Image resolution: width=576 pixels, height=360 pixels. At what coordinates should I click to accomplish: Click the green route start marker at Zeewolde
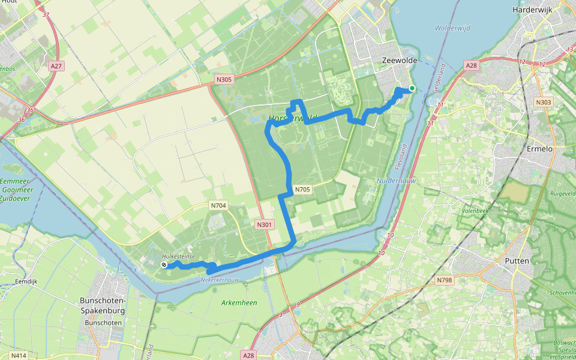point(412,89)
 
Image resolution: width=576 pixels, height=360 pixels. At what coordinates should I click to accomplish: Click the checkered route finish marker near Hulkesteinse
point(164,265)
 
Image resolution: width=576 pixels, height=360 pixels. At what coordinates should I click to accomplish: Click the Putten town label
point(517,261)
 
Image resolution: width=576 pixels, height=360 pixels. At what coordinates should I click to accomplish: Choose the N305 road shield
point(224,79)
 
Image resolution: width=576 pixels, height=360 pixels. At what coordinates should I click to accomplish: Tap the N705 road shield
point(302,190)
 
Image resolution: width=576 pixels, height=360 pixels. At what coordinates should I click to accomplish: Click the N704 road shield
point(218,205)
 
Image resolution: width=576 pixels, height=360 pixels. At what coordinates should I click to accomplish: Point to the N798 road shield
point(445,280)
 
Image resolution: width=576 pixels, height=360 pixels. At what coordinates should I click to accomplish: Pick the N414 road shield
point(19,356)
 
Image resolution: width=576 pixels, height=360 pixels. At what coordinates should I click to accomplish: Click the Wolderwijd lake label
point(452,28)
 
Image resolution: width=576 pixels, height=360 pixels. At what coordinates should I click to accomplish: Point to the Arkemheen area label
point(238,303)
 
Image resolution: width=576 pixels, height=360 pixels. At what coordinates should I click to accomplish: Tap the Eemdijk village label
point(26,281)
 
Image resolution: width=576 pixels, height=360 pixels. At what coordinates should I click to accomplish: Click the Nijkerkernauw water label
point(220,280)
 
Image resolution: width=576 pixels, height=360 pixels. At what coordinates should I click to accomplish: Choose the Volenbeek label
point(476,211)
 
